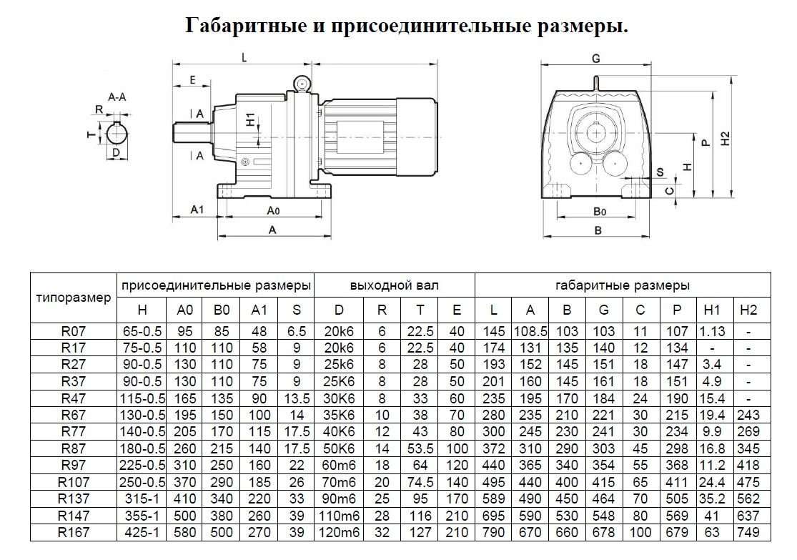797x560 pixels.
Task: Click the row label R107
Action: tap(73, 481)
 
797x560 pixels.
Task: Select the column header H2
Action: tap(748, 310)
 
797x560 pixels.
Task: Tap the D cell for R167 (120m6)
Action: tap(339, 533)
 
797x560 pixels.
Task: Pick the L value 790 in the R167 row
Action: tap(493, 533)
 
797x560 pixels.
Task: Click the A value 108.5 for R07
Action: tap(530, 332)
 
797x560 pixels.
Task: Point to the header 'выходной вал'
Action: tap(394, 285)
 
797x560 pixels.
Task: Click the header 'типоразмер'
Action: tap(73, 298)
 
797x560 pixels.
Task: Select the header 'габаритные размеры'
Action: tap(622, 285)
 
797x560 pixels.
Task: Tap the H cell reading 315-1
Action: tap(142, 498)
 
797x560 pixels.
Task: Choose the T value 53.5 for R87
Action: tap(420, 448)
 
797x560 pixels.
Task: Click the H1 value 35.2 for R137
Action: tap(712, 498)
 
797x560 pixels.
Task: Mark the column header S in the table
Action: tap(297, 310)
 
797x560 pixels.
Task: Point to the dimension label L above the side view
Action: tap(244, 57)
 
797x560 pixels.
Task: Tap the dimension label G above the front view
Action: tap(595, 59)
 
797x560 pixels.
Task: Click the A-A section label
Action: tap(117, 97)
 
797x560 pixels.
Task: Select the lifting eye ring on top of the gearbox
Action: tap(301, 83)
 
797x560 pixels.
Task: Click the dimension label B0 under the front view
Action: tap(599, 211)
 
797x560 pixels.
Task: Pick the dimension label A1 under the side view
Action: tap(197, 209)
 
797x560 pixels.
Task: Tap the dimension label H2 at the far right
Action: tap(726, 138)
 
